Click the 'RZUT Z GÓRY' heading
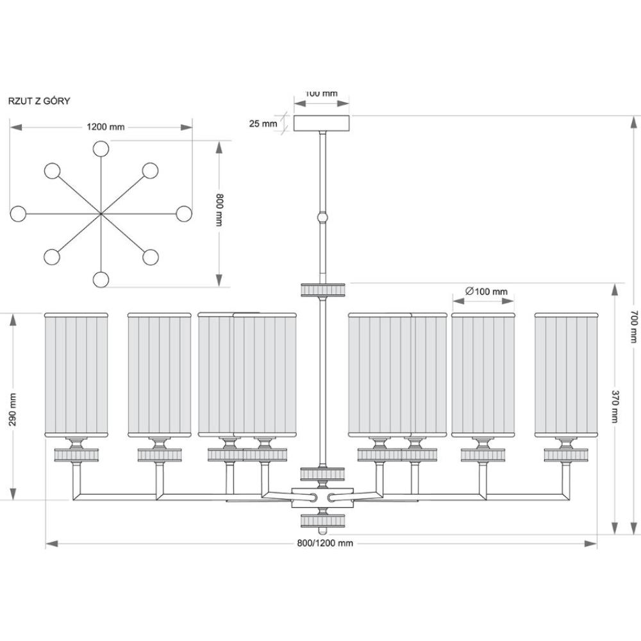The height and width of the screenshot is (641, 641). click(39, 101)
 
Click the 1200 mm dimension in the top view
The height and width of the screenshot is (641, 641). click(106, 127)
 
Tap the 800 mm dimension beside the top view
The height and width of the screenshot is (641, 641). click(219, 210)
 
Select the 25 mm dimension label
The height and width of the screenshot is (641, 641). click(263, 124)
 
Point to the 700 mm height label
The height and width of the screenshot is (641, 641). click(634, 326)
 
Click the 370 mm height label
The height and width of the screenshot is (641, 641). click(615, 406)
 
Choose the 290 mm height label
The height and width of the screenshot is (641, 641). click(13, 410)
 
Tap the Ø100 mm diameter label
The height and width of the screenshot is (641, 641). click(487, 292)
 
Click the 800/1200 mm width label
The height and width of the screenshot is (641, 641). click(325, 544)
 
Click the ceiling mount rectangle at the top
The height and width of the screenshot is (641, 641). click(322, 124)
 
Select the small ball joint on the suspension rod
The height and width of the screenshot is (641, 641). click(323, 217)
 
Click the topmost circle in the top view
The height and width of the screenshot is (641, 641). click(101, 149)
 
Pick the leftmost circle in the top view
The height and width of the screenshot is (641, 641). click(18, 214)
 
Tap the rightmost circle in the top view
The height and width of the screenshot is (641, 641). click(184, 214)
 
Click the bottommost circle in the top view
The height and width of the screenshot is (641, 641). click(101, 279)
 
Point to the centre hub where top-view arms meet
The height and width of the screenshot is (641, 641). click(101, 214)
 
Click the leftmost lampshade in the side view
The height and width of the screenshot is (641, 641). click(76, 375)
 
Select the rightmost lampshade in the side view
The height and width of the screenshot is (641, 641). click(567, 375)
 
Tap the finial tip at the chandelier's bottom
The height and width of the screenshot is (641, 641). click(322, 531)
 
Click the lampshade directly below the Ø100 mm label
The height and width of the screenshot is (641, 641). click(483, 375)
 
